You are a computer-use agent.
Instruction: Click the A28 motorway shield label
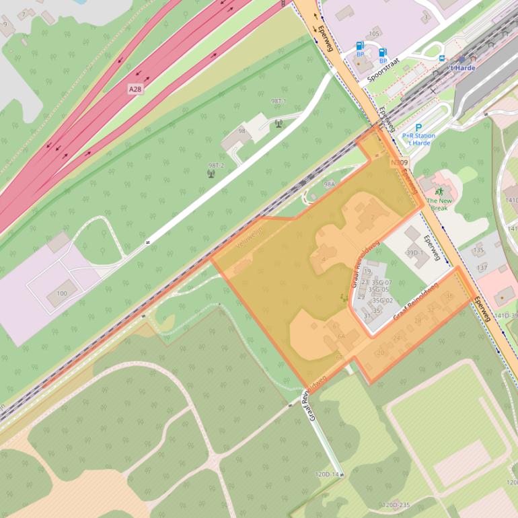point(135,88)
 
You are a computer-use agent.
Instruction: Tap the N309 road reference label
point(399,162)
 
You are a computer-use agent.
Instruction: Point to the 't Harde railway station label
point(462,68)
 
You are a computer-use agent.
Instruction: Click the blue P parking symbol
point(418,127)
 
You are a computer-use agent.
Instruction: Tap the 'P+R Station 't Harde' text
point(418,139)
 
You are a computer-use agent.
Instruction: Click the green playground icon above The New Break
point(439,192)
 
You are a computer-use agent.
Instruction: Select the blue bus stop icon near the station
point(441,59)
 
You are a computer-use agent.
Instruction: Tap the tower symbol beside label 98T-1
point(279,123)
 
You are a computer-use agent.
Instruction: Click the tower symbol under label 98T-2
point(211,174)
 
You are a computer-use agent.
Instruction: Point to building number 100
point(62,293)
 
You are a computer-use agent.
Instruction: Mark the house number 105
point(374,34)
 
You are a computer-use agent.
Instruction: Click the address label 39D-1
point(415,253)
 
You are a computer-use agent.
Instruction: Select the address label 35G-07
point(381,283)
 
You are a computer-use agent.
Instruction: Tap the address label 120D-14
point(328,474)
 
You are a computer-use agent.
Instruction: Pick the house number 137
point(482,268)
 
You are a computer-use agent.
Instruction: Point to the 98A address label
point(329,184)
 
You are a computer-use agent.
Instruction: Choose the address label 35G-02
point(382,300)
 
